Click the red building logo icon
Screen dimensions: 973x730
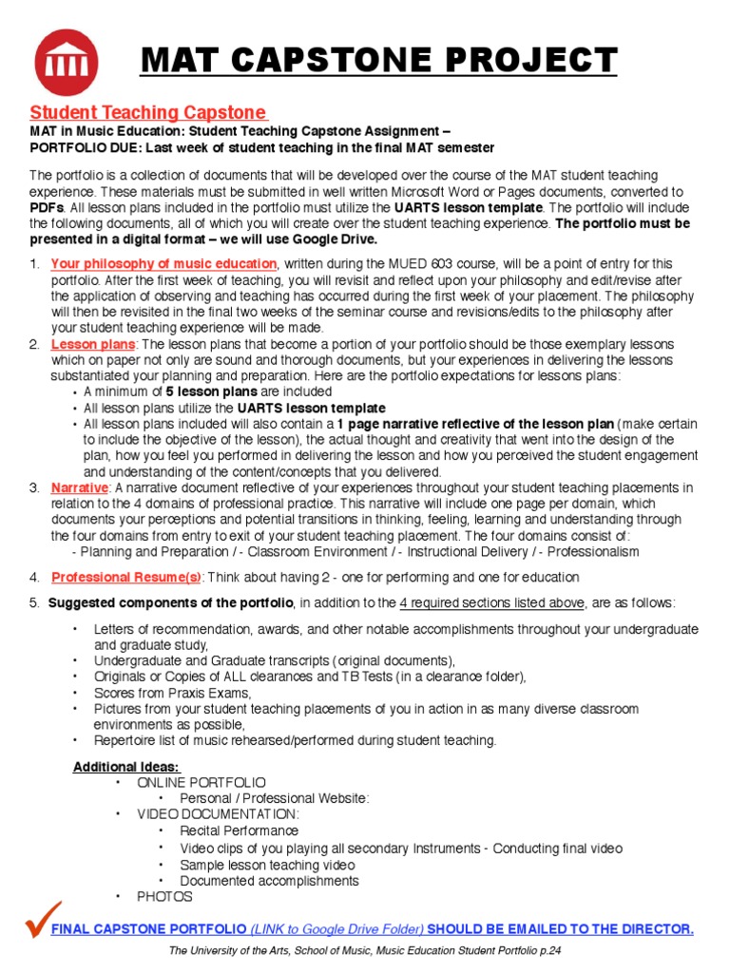pos(66,63)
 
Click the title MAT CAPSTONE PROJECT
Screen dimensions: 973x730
pos(379,62)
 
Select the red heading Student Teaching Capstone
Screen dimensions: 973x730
pos(148,112)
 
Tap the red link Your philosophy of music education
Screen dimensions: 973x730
pos(163,263)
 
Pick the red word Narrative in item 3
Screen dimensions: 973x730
pos(80,487)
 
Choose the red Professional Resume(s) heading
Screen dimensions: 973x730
pos(125,577)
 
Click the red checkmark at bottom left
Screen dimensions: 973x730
pos(43,919)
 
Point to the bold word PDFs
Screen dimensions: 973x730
pos(47,207)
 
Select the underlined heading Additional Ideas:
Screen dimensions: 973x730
pos(125,767)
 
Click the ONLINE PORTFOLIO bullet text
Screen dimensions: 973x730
pos(202,782)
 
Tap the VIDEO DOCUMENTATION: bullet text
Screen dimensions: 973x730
pos(218,814)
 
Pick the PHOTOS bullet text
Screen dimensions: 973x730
pos(164,896)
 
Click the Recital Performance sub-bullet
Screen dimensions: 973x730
pos(239,830)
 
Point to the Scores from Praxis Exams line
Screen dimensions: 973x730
pos(172,693)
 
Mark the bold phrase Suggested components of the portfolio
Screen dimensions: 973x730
pos(170,602)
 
